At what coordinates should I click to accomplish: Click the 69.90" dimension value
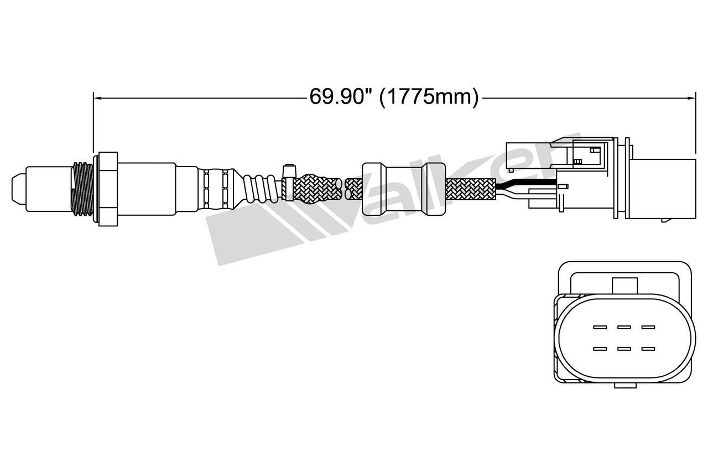(x=339, y=97)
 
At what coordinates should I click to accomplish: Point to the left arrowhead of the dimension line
(x=97, y=98)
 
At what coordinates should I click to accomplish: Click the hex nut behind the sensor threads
(x=106, y=188)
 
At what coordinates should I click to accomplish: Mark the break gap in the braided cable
(x=343, y=189)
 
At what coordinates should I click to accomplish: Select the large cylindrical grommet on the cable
(x=403, y=189)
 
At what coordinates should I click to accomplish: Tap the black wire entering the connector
(x=525, y=184)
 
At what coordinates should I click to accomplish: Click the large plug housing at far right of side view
(x=664, y=188)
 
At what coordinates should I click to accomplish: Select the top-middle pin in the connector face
(x=624, y=327)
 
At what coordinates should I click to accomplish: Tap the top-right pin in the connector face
(x=648, y=327)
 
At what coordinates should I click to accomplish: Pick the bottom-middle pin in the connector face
(x=624, y=349)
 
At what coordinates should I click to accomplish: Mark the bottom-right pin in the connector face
(x=648, y=349)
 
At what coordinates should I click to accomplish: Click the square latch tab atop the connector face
(x=624, y=285)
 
